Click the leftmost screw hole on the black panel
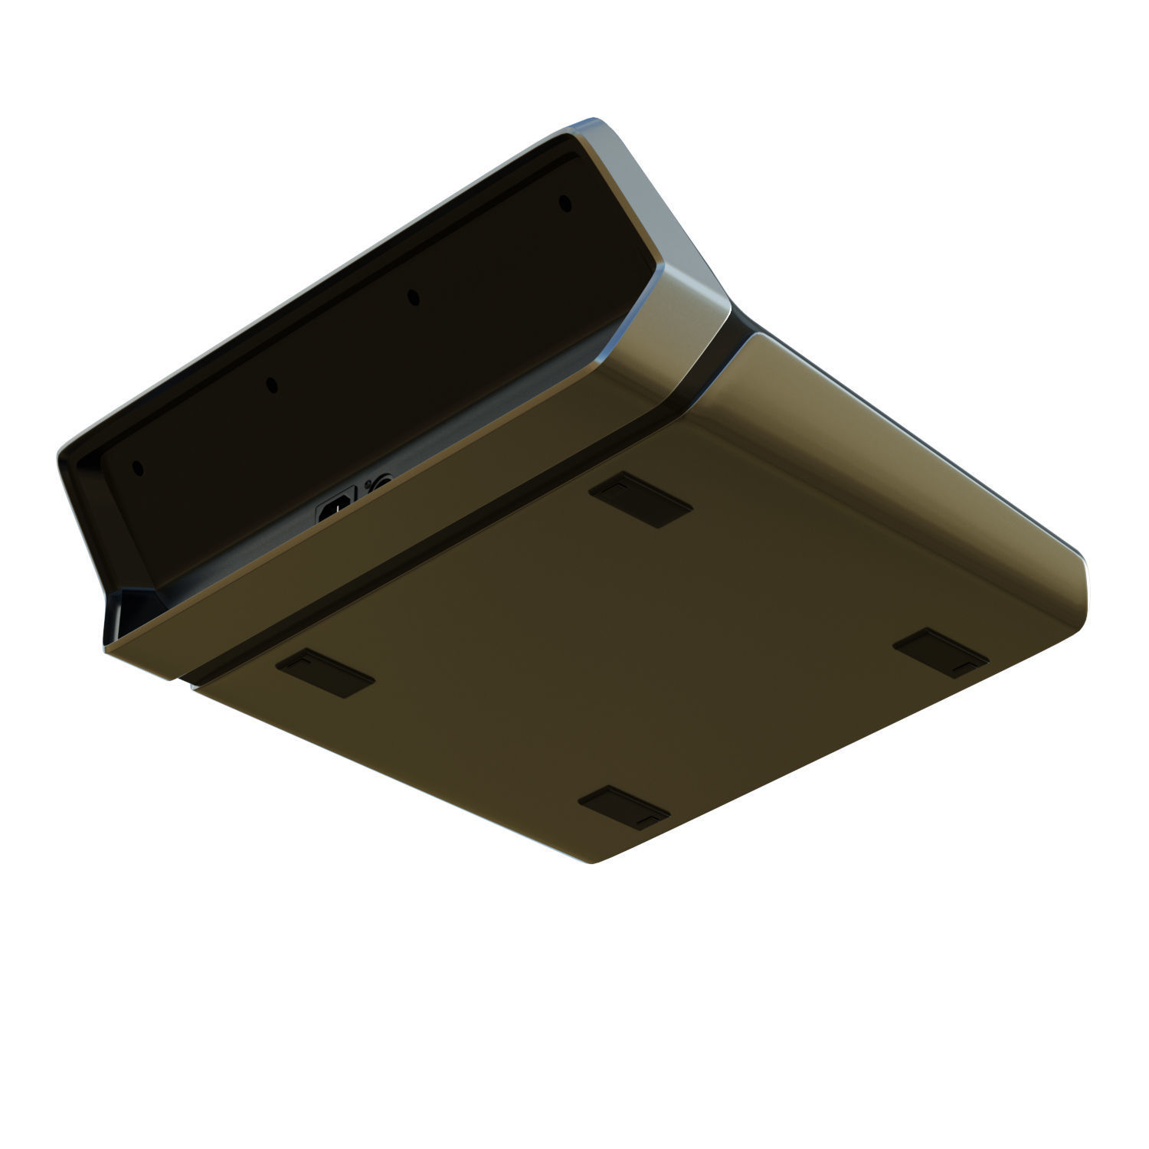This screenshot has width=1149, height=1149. pyautogui.click(x=137, y=467)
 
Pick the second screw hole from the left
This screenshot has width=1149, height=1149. pyautogui.click(x=270, y=385)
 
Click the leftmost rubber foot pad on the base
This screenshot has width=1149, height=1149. pyautogui.click(x=325, y=673)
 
